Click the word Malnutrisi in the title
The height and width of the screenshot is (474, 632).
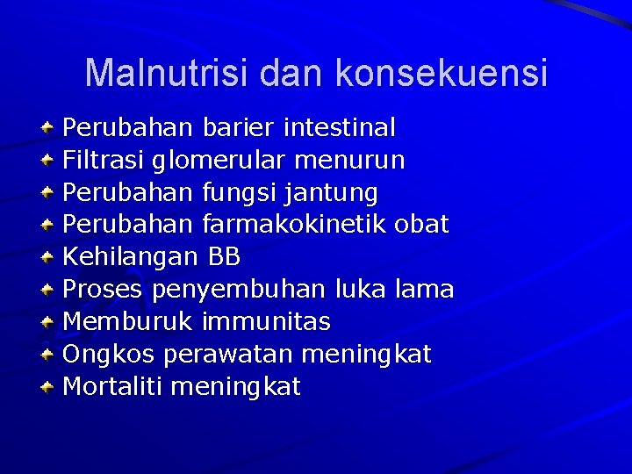pyautogui.click(x=167, y=73)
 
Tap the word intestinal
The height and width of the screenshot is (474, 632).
pyautogui.click(x=339, y=128)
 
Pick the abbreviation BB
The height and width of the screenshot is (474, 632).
pyautogui.click(x=224, y=257)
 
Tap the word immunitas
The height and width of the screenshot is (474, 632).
pyautogui.click(x=266, y=322)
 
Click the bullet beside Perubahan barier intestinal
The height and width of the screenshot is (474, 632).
pyautogui.click(x=49, y=129)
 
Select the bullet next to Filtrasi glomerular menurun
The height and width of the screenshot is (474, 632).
pyautogui.click(x=49, y=162)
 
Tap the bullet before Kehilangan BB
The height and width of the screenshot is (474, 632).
pyautogui.click(x=49, y=258)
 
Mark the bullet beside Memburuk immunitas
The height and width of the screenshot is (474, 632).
pyautogui.click(x=49, y=322)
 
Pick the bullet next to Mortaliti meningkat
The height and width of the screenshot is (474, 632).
pyautogui.click(x=49, y=387)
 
